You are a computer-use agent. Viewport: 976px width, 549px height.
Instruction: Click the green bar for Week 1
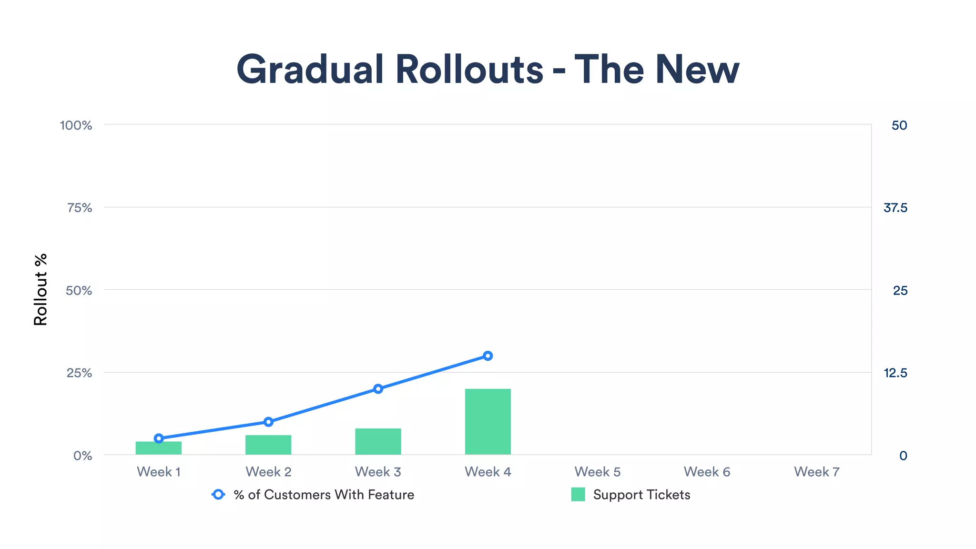(x=159, y=448)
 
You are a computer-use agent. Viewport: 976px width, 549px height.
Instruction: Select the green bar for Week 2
(x=268, y=445)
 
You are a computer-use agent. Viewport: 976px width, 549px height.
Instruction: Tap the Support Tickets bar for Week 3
(x=378, y=441)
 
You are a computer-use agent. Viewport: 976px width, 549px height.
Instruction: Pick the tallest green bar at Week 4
(x=488, y=422)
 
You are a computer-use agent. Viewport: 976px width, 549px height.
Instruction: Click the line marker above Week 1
(x=159, y=438)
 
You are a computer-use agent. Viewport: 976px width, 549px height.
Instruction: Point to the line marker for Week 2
(x=268, y=422)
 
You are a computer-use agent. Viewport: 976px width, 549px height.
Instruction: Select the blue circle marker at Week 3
(x=378, y=389)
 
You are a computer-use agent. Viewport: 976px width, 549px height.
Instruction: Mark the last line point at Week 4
(x=488, y=356)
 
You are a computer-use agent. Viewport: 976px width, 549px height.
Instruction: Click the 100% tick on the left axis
(x=76, y=125)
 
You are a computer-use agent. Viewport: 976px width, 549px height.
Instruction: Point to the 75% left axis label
(x=80, y=208)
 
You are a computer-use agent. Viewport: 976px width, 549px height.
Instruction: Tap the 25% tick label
(x=79, y=373)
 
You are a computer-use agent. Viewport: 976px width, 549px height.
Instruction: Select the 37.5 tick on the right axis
(x=895, y=208)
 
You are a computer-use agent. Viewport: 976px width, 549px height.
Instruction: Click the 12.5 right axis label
(x=895, y=373)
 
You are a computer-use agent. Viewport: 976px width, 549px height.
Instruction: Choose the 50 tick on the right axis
(x=899, y=125)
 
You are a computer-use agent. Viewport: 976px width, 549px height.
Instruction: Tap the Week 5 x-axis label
(x=597, y=472)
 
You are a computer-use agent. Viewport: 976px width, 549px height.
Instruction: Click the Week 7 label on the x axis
(x=816, y=472)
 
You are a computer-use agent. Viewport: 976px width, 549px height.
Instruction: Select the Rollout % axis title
(x=41, y=290)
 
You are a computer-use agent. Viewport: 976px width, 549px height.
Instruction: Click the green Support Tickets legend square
(x=578, y=495)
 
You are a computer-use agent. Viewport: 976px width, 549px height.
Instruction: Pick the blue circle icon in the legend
(x=218, y=495)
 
